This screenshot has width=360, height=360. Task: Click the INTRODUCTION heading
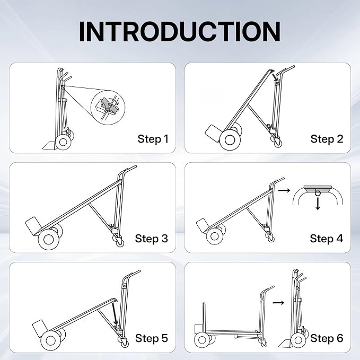click(x=180, y=31)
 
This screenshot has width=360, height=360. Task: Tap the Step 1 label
click(x=153, y=139)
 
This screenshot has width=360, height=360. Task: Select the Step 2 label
click(x=327, y=139)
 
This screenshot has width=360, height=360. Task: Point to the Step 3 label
click(x=151, y=238)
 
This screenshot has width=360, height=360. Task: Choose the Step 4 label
click(x=326, y=238)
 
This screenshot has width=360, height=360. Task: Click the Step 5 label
click(x=152, y=338)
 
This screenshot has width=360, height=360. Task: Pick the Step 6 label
click(x=327, y=338)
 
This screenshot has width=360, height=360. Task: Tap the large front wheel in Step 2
click(x=230, y=140)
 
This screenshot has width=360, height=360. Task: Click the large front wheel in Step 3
click(x=49, y=240)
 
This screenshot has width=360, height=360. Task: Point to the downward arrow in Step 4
click(x=318, y=204)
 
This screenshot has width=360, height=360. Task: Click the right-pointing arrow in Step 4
click(x=284, y=190)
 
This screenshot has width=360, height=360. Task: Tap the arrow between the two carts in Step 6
click(x=278, y=303)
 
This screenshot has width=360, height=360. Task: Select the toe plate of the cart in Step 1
click(x=50, y=145)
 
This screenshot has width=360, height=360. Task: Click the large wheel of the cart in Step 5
click(x=51, y=340)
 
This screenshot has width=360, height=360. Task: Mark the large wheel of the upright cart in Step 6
click(x=298, y=340)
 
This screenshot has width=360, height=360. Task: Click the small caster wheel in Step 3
click(x=120, y=242)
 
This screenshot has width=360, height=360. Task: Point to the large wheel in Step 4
click(x=215, y=236)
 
